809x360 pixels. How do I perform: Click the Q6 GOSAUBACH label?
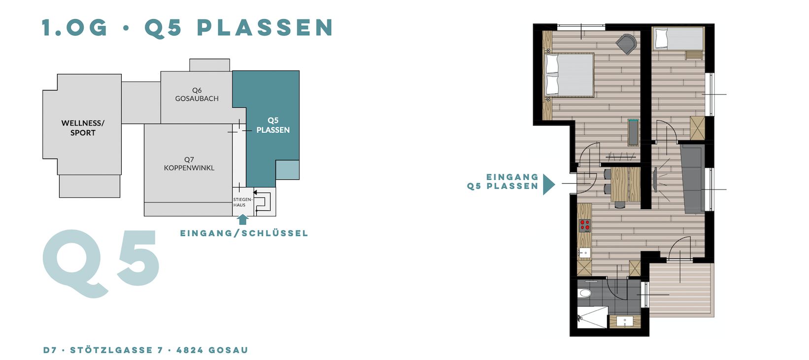(197, 94)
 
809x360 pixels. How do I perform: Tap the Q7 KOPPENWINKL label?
(189, 164)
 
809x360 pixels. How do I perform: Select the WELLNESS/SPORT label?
(83, 128)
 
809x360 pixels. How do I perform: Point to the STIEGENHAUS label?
(242, 202)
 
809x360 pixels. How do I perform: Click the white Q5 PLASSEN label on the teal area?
(273, 125)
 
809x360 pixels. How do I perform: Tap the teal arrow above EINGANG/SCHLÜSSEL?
(243, 219)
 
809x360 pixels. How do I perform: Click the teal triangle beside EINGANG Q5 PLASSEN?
(549, 185)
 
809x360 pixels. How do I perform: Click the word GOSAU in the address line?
(228, 350)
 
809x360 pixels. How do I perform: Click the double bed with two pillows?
(570, 75)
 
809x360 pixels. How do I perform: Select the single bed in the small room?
(678, 38)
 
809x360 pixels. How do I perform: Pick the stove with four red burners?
(585, 226)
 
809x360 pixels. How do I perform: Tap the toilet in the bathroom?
(584, 293)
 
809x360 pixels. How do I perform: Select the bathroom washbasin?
(625, 321)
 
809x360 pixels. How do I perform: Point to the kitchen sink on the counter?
(584, 253)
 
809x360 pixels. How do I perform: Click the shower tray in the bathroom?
(592, 317)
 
